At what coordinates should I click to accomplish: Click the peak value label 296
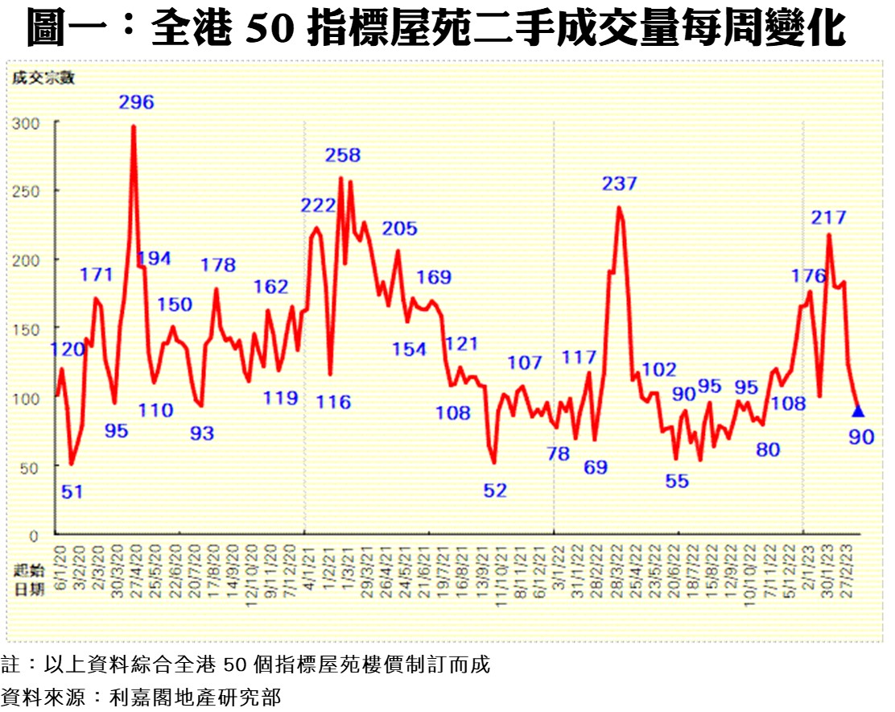[136, 102]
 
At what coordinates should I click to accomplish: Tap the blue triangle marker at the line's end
[858, 412]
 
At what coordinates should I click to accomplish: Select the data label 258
[343, 155]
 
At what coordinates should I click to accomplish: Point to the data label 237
[619, 184]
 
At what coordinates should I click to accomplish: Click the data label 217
[829, 217]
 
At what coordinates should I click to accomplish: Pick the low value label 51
[72, 491]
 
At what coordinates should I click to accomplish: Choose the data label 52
[496, 490]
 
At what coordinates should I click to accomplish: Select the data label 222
[318, 205]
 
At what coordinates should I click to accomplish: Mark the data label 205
[400, 229]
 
